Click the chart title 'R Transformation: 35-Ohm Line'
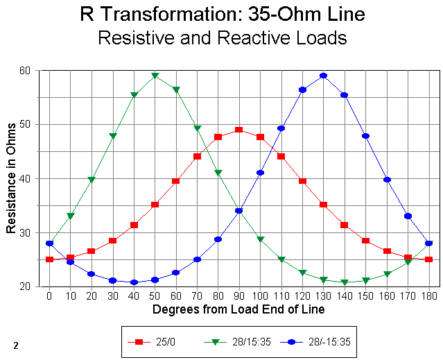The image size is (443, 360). (222, 14)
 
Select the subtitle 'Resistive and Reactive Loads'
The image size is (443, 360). (222, 37)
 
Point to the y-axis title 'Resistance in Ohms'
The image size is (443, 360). (11, 178)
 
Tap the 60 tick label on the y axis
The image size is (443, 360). (25, 70)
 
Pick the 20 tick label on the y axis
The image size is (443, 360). (25, 286)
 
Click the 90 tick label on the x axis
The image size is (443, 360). (238, 296)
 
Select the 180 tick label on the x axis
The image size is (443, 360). (429, 296)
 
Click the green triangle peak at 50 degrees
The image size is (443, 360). (155, 76)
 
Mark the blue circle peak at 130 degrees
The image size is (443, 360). (324, 76)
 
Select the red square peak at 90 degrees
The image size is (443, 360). (239, 130)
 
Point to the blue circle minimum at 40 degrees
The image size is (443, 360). (134, 282)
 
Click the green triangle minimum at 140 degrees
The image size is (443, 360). (345, 282)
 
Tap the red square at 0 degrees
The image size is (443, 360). (49, 259)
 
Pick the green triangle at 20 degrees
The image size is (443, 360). (92, 180)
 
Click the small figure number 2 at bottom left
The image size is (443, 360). (15, 345)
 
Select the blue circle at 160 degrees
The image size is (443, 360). (387, 180)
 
